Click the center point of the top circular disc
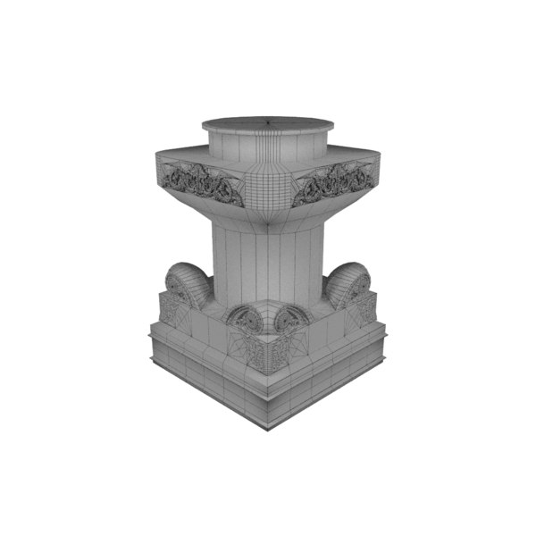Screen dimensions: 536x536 point(268,120)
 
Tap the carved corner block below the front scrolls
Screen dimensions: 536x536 point(268,353)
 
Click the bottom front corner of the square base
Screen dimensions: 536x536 point(268,424)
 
